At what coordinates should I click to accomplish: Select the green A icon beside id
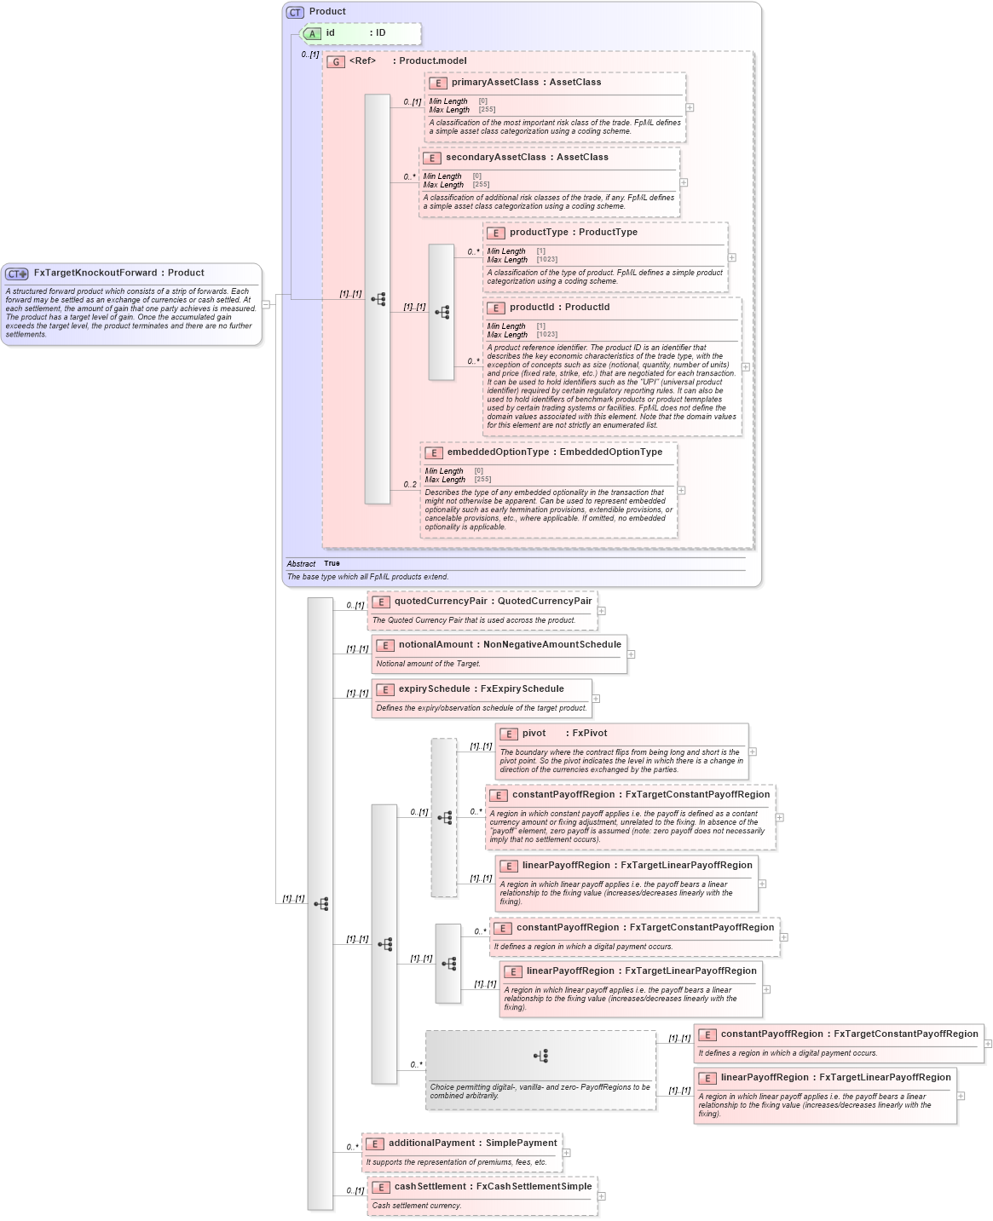point(313,34)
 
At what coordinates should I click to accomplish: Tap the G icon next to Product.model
point(336,62)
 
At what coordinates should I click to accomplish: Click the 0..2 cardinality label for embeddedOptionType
point(410,485)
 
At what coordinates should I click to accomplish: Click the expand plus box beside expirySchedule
point(596,699)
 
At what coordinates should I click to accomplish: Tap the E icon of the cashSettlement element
point(381,1188)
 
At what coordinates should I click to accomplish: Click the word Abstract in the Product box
point(301,564)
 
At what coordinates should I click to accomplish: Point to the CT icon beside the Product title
point(295,13)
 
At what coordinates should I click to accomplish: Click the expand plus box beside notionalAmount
point(631,654)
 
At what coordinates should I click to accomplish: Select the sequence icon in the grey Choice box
point(540,1056)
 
